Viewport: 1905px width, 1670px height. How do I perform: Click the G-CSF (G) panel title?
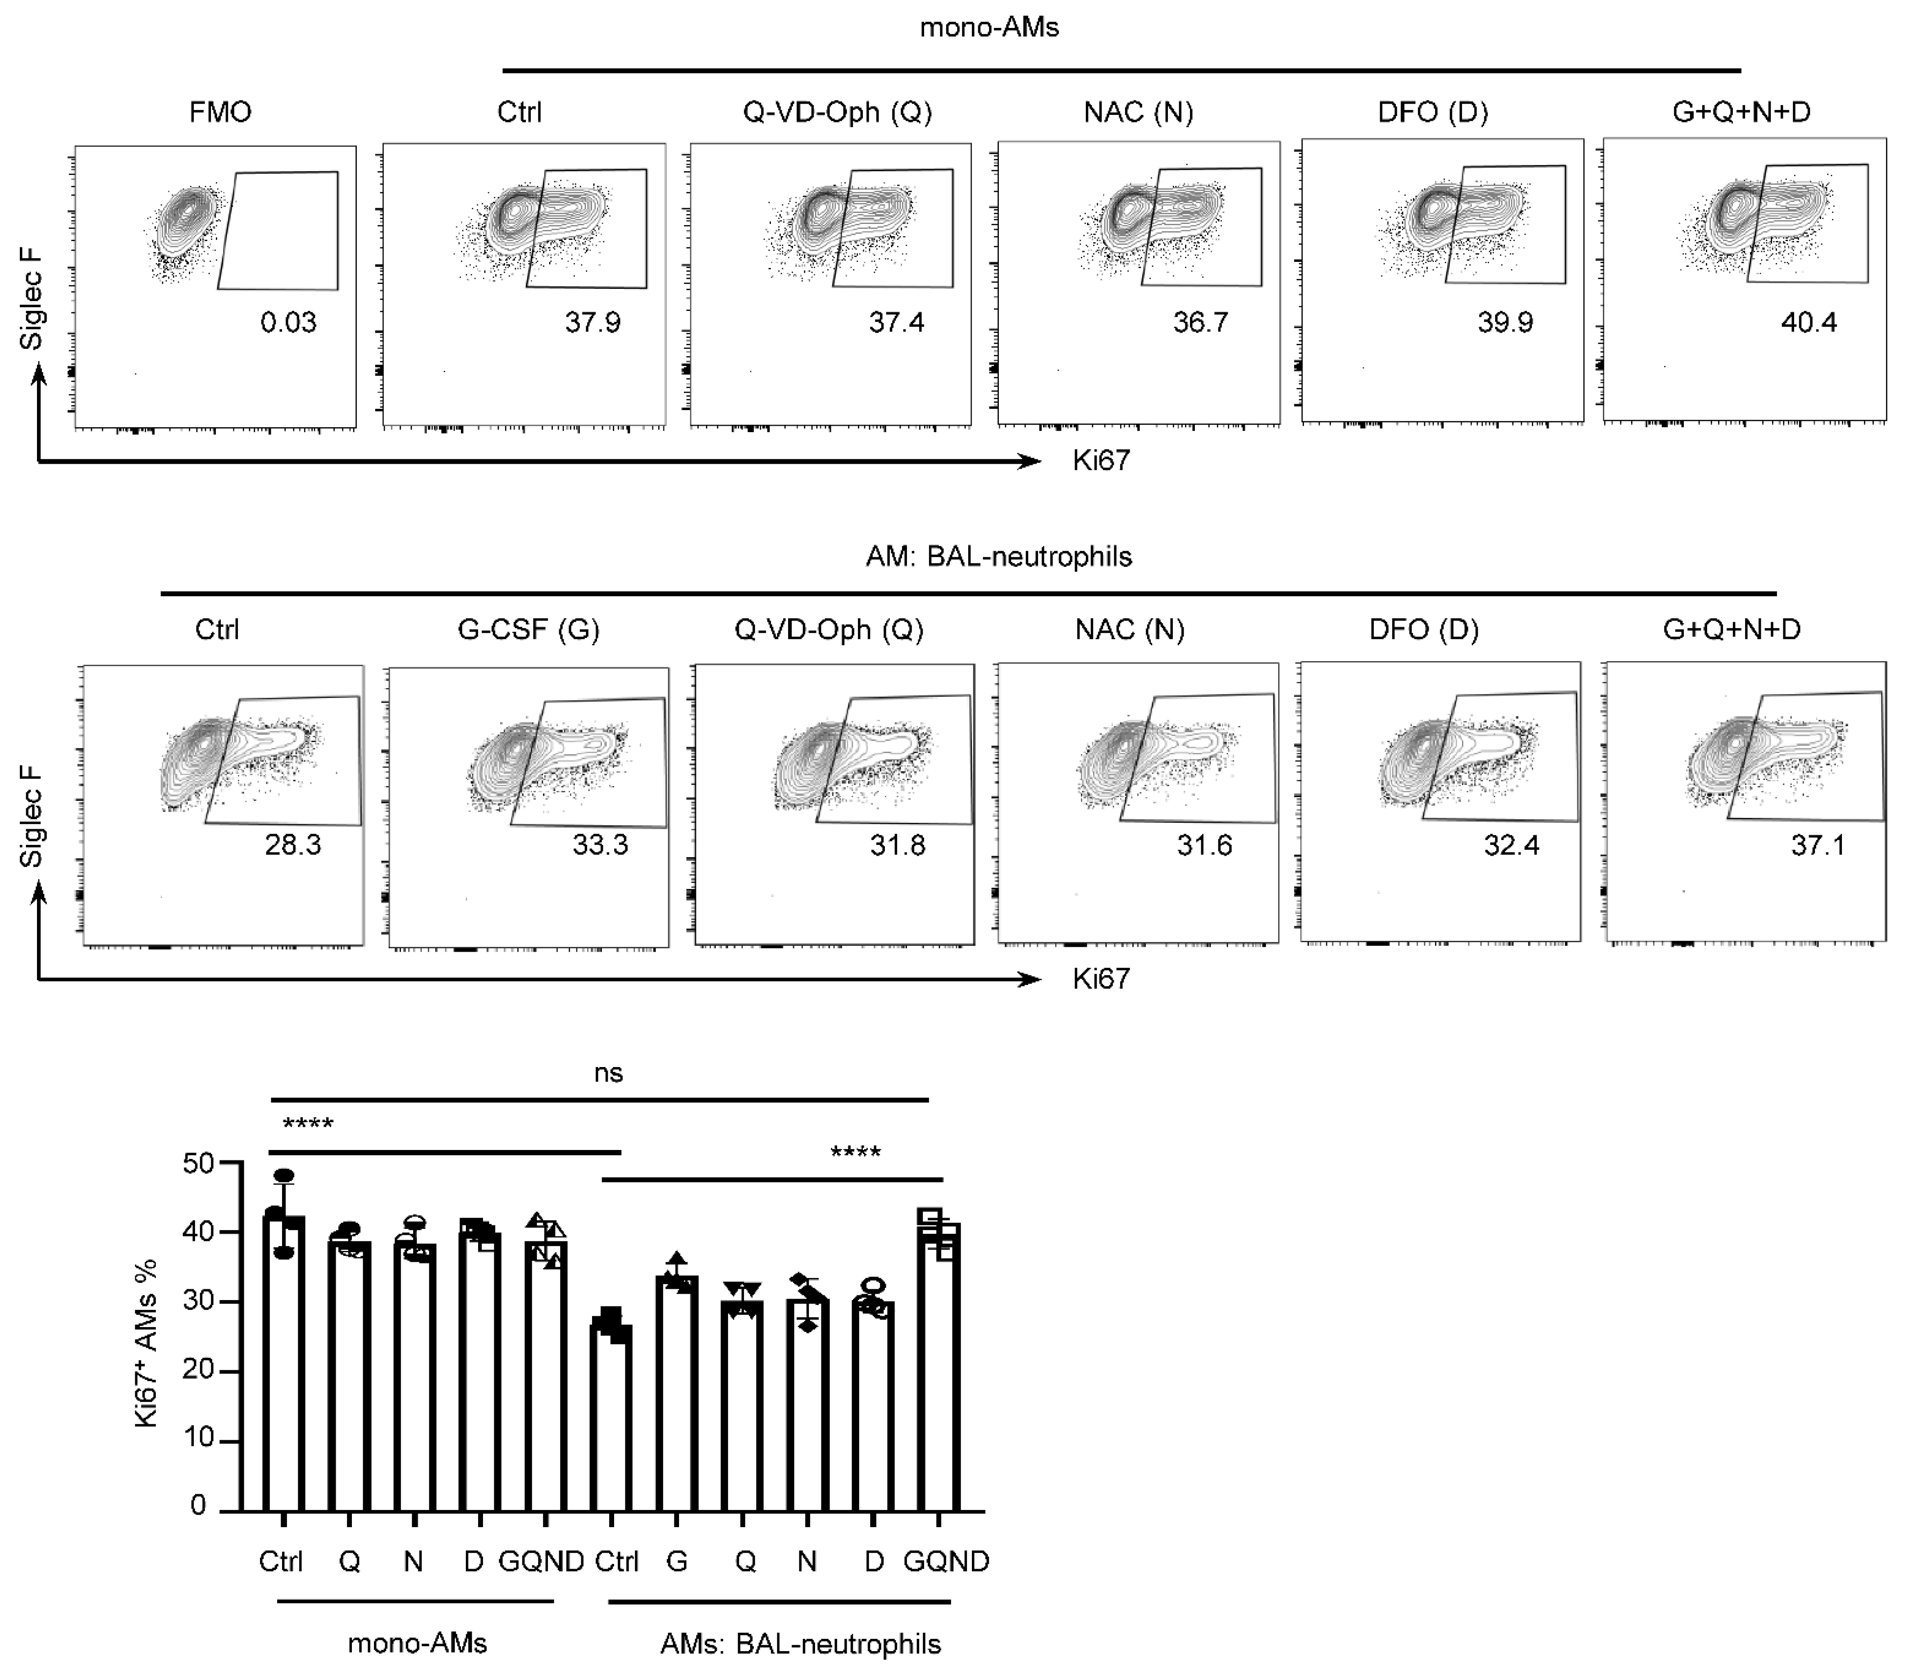coord(529,630)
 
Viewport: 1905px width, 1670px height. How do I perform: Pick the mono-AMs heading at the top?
coord(989,28)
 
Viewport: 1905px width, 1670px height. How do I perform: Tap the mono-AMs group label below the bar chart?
coord(418,1643)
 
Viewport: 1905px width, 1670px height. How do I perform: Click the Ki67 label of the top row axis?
coord(1101,461)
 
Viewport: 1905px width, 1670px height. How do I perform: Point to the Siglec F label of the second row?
coord(32,816)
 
